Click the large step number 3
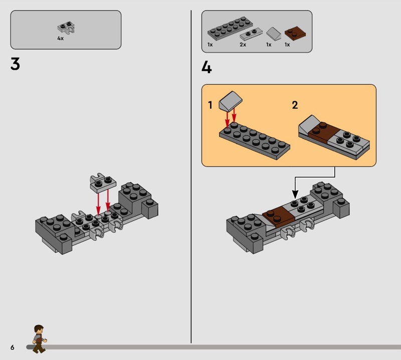click(15, 64)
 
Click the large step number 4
click(207, 67)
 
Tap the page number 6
click(12, 347)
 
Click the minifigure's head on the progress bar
click(39, 329)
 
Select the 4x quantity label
click(60, 39)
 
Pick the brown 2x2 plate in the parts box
click(295, 33)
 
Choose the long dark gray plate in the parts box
click(230, 28)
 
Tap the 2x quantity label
click(243, 45)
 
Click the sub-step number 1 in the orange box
click(210, 105)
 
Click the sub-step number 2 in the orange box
click(295, 105)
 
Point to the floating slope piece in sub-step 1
click(231, 101)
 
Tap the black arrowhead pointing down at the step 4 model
click(295, 195)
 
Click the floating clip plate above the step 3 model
click(103, 183)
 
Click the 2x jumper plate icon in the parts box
click(251, 34)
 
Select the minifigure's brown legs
click(39, 347)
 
